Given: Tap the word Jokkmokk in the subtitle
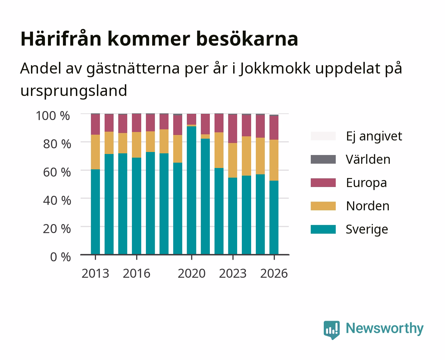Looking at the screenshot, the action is click(x=275, y=68).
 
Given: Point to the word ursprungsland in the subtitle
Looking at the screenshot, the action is click(x=74, y=91).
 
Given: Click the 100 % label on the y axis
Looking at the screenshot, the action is click(x=53, y=116).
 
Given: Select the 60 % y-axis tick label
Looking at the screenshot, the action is click(x=57, y=172).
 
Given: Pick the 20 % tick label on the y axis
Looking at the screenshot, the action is click(x=57, y=229).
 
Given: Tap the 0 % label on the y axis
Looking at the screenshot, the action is click(x=60, y=257).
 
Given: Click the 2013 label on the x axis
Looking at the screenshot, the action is click(x=95, y=273).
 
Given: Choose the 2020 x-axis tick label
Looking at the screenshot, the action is click(x=192, y=273).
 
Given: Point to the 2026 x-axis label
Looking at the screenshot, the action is click(x=274, y=273).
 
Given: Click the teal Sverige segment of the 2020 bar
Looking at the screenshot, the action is click(x=192, y=190).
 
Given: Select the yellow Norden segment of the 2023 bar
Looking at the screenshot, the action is click(x=233, y=160).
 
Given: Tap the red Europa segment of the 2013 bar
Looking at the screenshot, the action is click(x=95, y=124).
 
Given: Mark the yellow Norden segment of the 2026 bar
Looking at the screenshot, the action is click(x=274, y=160).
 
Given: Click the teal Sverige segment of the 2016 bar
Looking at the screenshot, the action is click(x=137, y=206).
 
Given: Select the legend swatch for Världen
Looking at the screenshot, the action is click(x=323, y=159).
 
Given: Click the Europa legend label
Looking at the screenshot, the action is click(x=366, y=183).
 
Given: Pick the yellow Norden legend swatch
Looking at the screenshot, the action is click(x=323, y=206).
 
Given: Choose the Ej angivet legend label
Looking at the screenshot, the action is click(x=374, y=136).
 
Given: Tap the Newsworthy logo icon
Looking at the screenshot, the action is click(x=331, y=330).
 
